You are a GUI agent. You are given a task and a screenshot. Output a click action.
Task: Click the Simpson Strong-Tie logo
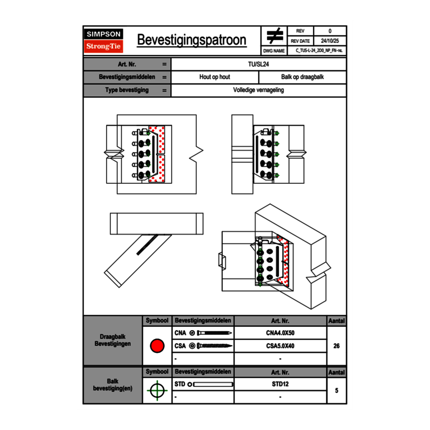(x=104, y=41)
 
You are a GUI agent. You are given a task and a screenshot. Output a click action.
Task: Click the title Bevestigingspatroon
(x=191, y=40)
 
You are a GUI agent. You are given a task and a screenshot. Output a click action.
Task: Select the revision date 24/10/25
(x=330, y=41)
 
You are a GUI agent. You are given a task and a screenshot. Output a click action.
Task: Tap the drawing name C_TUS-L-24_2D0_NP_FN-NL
(x=319, y=50)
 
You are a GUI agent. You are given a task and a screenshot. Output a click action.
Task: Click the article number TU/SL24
(x=258, y=64)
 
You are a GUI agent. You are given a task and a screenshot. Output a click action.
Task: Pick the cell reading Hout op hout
(x=215, y=77)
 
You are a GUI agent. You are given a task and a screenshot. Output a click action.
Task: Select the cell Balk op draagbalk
(x=302, y=77)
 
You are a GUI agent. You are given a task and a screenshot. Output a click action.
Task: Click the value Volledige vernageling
(x=258, y=90)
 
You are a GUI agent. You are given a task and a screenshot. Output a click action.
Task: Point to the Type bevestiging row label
(x=127, y=90)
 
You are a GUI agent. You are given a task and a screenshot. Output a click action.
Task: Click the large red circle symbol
(x=157, y=346)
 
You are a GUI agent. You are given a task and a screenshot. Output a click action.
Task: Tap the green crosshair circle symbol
(x=157, y=390)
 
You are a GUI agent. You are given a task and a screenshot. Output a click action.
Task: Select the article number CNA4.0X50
(x=280, y=333)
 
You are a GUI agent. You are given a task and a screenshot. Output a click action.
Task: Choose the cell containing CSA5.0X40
(x=280, y=346)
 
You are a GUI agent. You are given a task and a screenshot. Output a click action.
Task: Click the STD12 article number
(x=280, y=384)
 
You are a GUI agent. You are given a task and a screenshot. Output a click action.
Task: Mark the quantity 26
(x=336, y=346)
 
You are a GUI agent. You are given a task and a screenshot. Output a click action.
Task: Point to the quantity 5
(x=336, y=390)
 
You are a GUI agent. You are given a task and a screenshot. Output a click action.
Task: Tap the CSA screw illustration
(x=212, y=346)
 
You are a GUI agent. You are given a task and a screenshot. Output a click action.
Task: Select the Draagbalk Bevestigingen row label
(x=113, y=341)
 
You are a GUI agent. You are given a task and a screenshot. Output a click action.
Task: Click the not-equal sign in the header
(x=275, y=36)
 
